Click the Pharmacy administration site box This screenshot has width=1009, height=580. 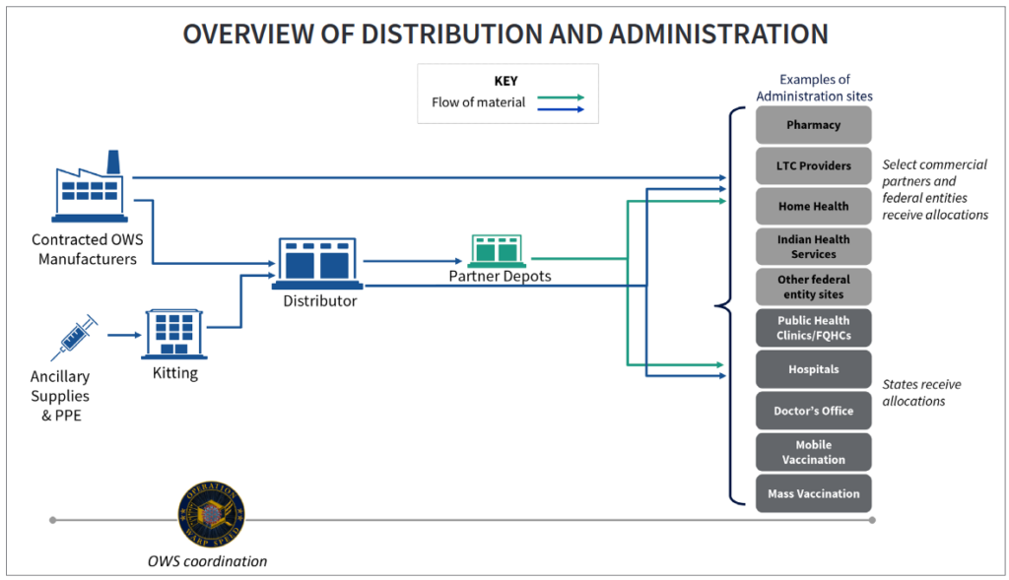click(x=813, y=125)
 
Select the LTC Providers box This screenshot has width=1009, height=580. click(x=813, y=165)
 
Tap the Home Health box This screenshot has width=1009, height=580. click(x=813, y=207)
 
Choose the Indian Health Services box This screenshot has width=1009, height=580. click(x=813, y=246)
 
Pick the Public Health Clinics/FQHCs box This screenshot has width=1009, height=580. click(x=813, y=328)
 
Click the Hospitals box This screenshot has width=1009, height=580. click(x=813, y=369)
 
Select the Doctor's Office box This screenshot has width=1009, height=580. click(x=813, y=411)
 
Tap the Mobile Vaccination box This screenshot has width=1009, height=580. click(x=813, y=452)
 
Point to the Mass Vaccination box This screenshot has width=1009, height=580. click(x=813, y=493)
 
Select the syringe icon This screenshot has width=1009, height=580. click(x=75, y=337)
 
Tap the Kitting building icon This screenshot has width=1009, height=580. click(x=174, y=333)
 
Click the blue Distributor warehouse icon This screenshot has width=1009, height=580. click(x=320, y=263)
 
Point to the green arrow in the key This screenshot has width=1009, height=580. click(x=561, y=97)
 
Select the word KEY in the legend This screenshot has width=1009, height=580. click(x=505, y=81)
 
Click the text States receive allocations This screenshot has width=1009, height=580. click(x=921, y=393)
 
